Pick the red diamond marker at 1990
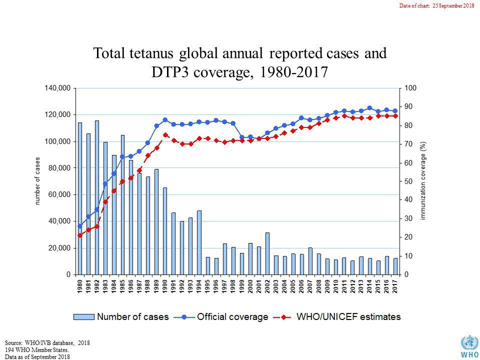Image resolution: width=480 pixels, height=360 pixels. point(165,135)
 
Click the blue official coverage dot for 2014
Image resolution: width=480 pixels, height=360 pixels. point(369,108)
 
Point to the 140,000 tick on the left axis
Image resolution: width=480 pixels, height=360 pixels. point(58,88)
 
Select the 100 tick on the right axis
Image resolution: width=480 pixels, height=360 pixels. point(410,88)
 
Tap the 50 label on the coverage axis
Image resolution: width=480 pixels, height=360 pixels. point(408,181)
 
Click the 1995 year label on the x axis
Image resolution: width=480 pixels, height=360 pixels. point(207,284)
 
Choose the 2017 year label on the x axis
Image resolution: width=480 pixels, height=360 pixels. point(395,284)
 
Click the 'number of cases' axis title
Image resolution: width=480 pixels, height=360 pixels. point(37,181)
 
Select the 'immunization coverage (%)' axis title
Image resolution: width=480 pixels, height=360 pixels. point(423,181)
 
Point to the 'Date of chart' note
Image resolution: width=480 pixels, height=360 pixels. point(436,5)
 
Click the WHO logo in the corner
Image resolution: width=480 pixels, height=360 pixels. point(469,347)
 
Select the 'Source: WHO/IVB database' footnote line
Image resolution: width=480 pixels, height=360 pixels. point(47,342)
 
